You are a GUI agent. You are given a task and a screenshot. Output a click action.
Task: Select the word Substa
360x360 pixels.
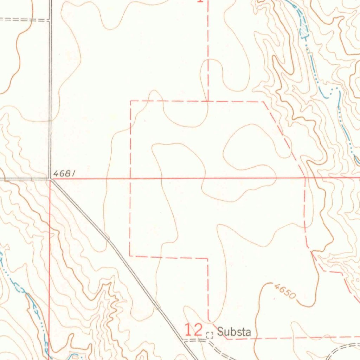(x=234, y=332)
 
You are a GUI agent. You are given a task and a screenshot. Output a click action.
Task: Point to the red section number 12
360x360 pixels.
(x=193, y=330)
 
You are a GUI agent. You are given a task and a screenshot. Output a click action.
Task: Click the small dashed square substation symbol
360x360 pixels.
(x=210, y=335)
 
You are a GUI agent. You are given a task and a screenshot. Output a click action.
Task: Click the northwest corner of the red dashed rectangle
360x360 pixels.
(x=131, y=101)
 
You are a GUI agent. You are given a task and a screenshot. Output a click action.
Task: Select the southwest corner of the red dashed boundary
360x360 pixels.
(x=130, y=256)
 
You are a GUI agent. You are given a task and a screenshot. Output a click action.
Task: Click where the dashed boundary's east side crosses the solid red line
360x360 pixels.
(x=304, y=178)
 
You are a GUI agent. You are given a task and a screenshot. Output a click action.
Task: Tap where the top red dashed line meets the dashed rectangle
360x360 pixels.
(x=208, y=101)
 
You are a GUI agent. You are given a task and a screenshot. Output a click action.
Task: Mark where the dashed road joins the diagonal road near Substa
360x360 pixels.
(x=184, y=340)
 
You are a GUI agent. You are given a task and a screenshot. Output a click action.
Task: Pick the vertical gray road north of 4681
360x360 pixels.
(x=50, y=88)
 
